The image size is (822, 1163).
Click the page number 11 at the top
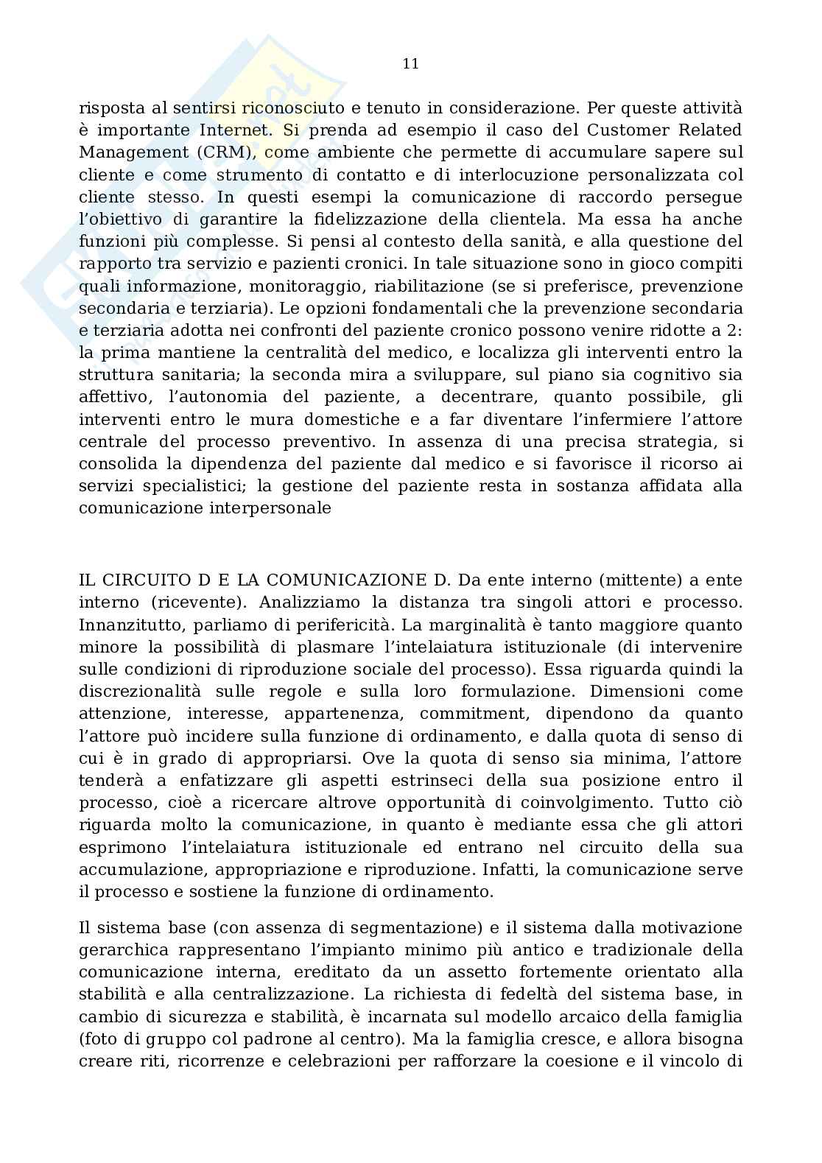411,64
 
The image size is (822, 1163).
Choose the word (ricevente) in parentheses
198,602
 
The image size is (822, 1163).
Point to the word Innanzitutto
130,625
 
